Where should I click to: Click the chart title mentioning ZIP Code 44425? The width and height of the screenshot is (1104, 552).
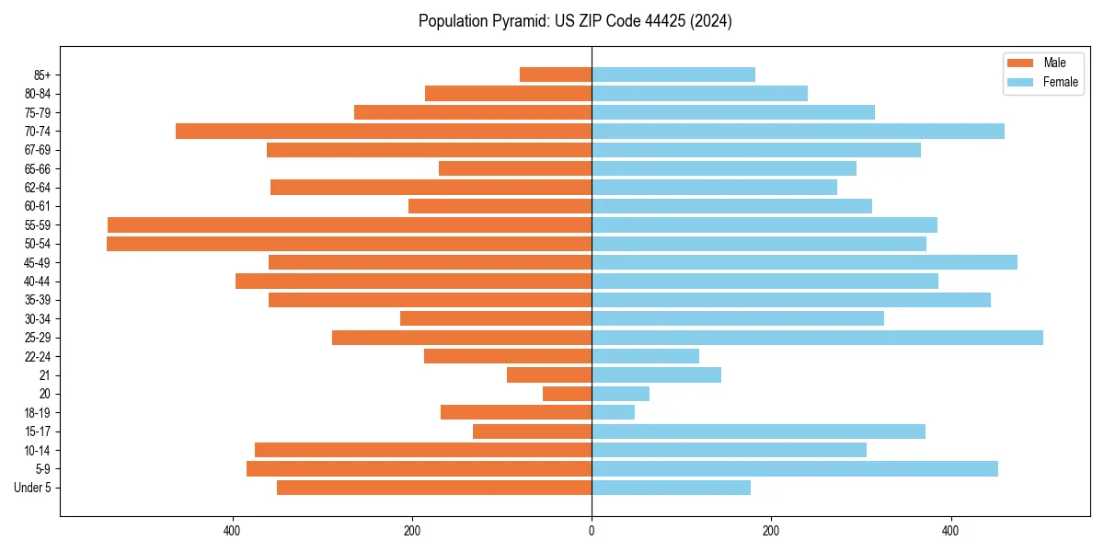coord(575,21)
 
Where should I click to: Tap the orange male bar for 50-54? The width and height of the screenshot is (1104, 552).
coord(349,244)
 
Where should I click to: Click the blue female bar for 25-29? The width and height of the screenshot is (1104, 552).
coord(817,338)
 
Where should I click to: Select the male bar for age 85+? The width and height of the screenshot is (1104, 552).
coord(556,75)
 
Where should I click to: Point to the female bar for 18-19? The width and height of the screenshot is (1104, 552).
coord(613,412)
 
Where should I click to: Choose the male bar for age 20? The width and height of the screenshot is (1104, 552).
coord(567,394)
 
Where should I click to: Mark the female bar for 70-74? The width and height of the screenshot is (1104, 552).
coord(798,132)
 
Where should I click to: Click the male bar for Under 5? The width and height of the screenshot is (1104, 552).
coord(434,488)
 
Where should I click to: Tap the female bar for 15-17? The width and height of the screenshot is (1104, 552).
coord(758,431)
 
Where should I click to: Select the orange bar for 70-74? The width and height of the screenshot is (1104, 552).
coord(384,132)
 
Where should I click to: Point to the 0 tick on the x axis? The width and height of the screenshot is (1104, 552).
coord(592,531)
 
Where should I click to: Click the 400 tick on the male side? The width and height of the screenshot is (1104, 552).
coord(233,531)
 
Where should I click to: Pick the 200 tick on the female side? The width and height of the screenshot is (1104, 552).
coord(771,531)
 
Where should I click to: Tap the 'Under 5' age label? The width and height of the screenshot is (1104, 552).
coord(32,488)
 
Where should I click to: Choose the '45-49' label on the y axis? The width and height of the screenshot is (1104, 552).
coord(37,262)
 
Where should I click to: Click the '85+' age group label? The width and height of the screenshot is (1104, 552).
coord(40,75)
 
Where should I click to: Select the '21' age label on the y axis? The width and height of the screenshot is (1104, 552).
coord(45,375)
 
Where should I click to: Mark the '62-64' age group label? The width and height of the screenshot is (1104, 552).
coord(37,188)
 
